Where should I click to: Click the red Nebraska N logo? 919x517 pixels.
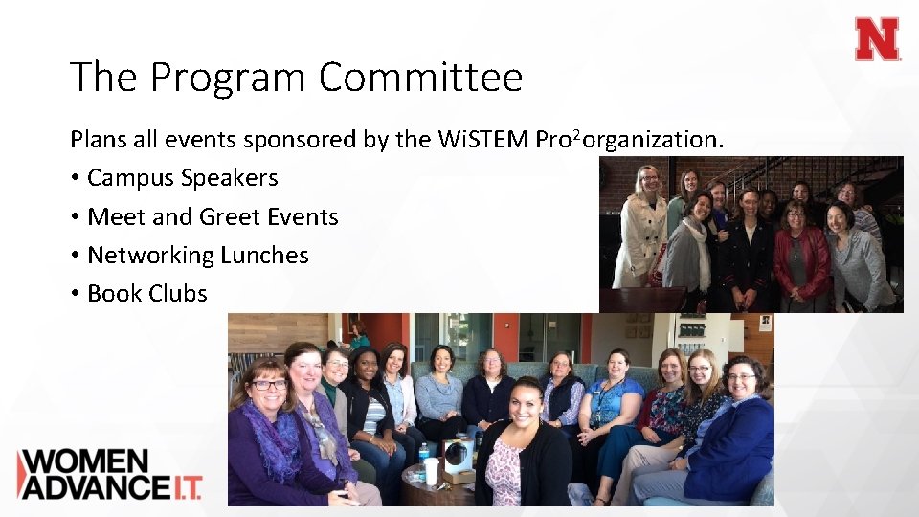click(877, 39)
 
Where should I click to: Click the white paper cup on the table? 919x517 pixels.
click(432, 470)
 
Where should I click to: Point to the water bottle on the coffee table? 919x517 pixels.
click(423, 457)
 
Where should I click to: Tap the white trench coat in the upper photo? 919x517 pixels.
click(640, 239)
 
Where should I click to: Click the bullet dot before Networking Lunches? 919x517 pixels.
click(75, 256)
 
